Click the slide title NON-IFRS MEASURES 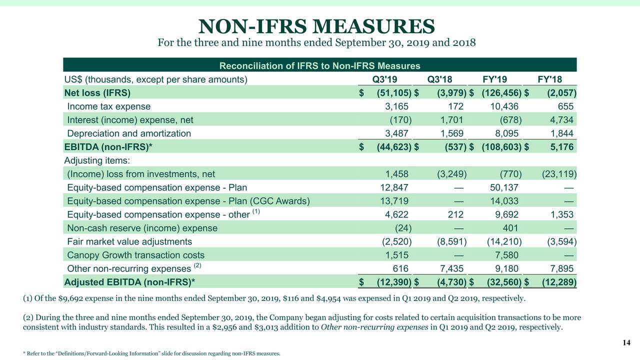tap(316, 26)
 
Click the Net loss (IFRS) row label tap(97, 92)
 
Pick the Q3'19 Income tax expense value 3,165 tap(396, 106)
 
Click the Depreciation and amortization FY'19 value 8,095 tap(504, 133)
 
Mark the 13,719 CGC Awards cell tap(394, 201)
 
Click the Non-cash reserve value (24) tap(401, 228)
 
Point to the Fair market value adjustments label tap(129, 241)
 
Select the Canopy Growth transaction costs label tap(136, 255)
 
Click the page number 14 tap(626, 342)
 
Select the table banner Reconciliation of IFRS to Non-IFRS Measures tap(320, 66)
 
